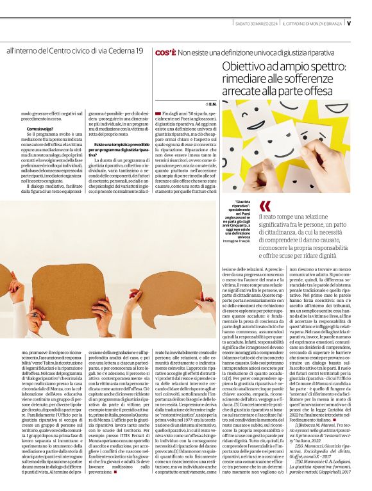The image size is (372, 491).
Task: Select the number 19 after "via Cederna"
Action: coord(137,51)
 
